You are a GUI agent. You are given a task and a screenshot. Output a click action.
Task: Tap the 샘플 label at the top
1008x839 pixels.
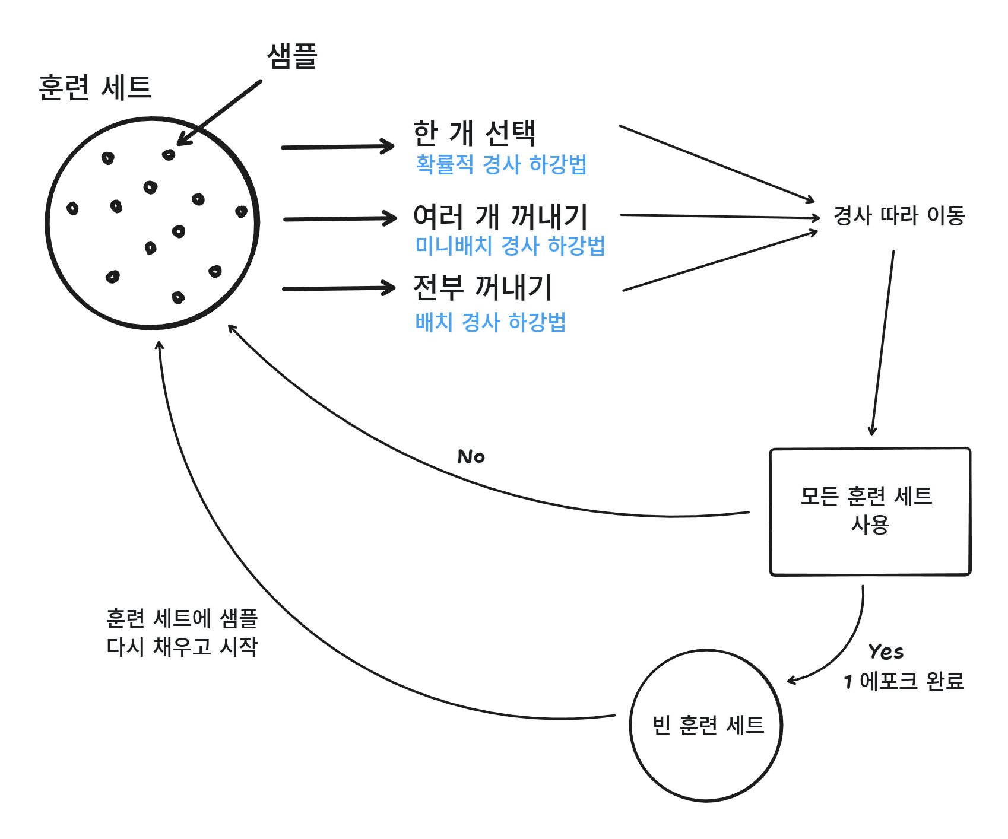coord(292,57)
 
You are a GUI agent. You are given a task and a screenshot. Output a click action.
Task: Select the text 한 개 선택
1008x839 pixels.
coord(474,132)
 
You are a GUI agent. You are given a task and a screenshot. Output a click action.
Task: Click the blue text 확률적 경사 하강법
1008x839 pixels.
coord(500,164)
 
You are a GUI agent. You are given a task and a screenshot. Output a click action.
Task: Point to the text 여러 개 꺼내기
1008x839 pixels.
coord(500,217)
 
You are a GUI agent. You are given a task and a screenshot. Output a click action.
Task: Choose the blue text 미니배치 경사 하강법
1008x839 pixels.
coord(509,246)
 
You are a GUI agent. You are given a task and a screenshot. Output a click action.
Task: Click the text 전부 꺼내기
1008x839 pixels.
coord(482,287)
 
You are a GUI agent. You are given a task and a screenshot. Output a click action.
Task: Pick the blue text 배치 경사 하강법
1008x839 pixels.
coord(490,322)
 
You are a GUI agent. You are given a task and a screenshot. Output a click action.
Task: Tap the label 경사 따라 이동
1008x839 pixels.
coord(899,215)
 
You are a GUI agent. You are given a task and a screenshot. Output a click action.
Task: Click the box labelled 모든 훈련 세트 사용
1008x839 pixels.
coord(870,511)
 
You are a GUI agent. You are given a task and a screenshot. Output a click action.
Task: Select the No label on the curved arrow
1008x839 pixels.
coord(471,457)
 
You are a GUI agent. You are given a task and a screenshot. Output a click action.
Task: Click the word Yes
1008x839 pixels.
coord(886,652)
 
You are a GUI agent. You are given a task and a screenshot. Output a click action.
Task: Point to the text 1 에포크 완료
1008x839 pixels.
coord(904,681)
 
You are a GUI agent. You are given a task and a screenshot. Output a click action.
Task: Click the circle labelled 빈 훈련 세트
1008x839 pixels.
coord(706,725)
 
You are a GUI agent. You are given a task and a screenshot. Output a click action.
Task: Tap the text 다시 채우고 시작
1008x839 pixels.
coord(182,646)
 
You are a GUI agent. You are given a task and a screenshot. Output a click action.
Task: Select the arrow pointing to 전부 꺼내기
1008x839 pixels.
coord(338,289)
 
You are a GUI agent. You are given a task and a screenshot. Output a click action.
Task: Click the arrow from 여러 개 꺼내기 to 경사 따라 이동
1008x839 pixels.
coord(718,217)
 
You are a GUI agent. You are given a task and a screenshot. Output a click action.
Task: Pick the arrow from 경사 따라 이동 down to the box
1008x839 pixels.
coord(883,344)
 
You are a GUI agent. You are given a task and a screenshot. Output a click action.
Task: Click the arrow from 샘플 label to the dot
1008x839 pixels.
coord(220,113)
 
